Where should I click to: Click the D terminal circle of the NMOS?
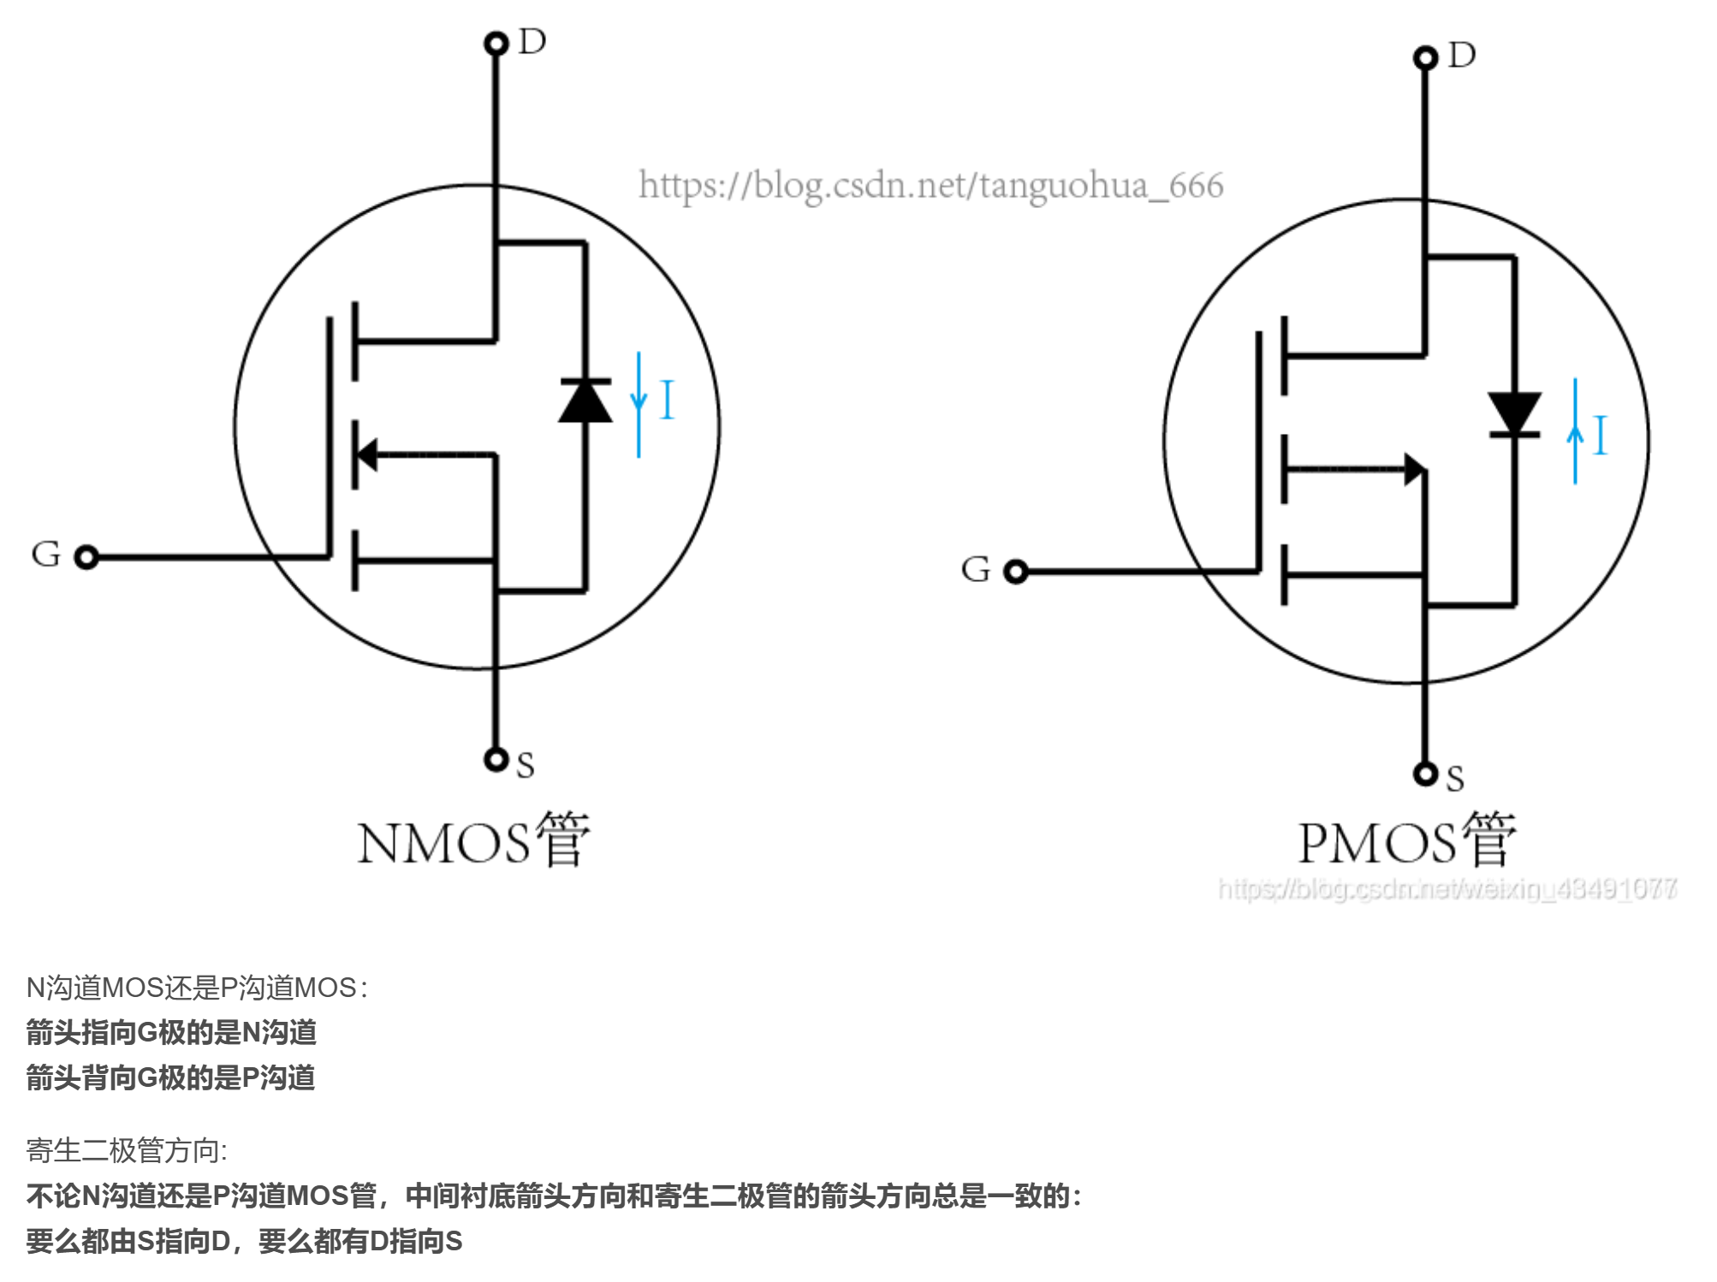click(496, 43)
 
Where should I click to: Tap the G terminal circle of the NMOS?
click(86, 557)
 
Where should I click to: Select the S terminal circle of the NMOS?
click(496, 759)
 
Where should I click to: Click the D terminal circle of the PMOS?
click(1425, 57)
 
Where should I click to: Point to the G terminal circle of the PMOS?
click(1015, 571)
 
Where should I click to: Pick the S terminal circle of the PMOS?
click(1425, 774)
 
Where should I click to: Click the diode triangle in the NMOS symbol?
click(585, 402)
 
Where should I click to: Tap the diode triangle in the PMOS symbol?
click(1514, 412)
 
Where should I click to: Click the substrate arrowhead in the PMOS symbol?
click(1414, 469)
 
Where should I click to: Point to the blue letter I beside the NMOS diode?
click(668, 400)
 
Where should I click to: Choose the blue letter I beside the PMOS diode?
click(1601, 435)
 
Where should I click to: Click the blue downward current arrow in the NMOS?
click(639, 404)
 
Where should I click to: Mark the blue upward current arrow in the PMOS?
click(1575, 432)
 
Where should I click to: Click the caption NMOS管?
click(473, 841)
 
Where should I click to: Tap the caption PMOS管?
click(1406, 841)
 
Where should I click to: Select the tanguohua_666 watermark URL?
click(930, 186)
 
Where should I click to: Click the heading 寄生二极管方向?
click(127, 1150)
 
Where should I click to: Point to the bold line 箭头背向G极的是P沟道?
click(170, 1077)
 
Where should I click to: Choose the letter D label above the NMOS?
click(532, 41)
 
